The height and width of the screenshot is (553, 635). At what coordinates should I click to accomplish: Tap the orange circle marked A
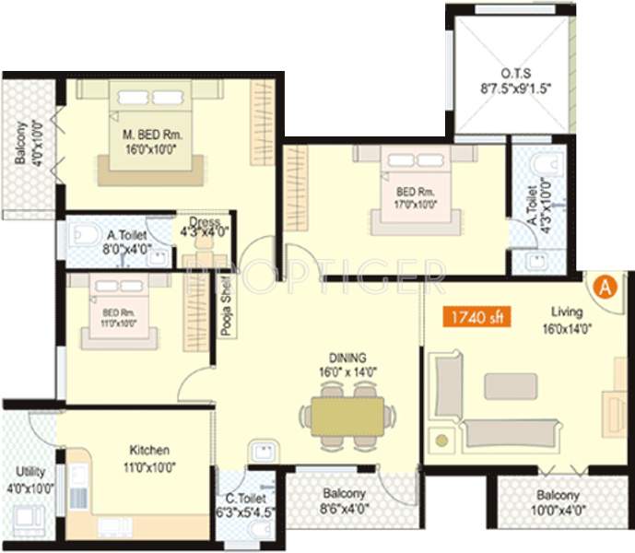(605, 288)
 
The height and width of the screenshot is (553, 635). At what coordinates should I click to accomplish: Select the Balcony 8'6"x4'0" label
(333, 500)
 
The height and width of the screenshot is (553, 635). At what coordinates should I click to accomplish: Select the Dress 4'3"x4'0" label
(204, 227)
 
